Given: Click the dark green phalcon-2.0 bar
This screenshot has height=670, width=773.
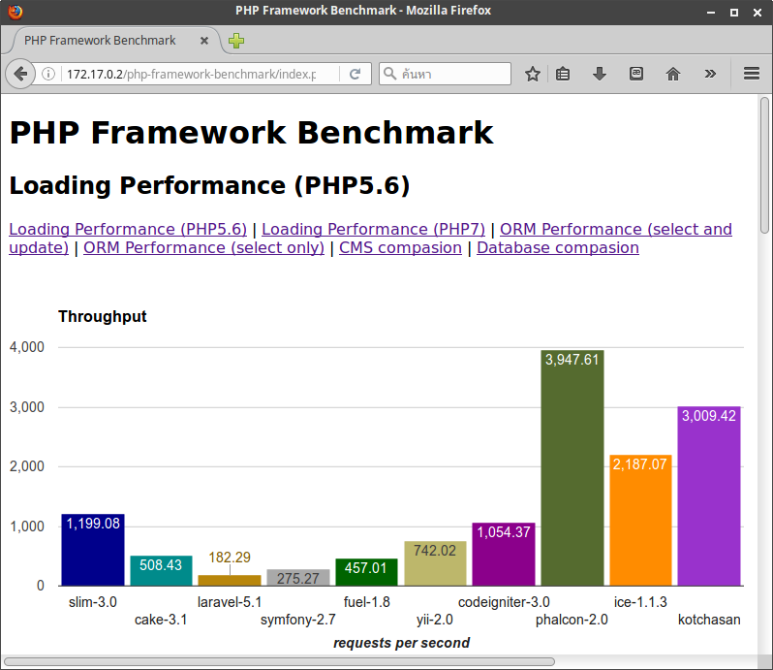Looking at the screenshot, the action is click(x=572, y=467).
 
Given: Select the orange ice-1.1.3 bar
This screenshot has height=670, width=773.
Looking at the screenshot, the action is click(x=640, y=520).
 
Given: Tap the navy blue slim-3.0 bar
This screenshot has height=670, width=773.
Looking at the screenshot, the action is click(x=93, y=550).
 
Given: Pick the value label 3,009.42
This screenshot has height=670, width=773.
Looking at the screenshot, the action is click(x=708, y=416).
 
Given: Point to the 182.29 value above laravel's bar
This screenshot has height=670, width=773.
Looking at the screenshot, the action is click(x=230, y=558).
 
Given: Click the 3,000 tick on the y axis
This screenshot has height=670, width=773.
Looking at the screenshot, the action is click(x=27, y=407).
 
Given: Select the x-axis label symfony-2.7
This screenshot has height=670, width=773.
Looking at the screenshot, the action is click(x=297, y=620).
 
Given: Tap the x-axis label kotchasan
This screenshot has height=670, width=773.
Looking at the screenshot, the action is click(x=709, y=620).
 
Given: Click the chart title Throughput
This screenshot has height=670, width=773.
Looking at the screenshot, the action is click(x=103, y=316).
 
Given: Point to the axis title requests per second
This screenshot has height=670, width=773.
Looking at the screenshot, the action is click(x=401, y=643).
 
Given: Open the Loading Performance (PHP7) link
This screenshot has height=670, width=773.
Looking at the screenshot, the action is click(x=373, y=229).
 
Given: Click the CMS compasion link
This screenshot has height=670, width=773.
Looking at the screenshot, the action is click(x=400, y=247).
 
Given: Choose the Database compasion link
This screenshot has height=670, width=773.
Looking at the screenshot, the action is click(x=558, y=247).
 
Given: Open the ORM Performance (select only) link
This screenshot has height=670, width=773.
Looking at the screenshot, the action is click(x=203, y=247).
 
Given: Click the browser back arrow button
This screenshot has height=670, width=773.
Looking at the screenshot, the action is click(x=20, y=74).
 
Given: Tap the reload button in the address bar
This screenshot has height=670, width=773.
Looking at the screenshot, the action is click(x=355, y=74).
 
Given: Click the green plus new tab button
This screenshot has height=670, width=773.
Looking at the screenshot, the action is click(x=236, y=41).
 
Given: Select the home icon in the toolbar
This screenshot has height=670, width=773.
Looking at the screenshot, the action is click(x=673, y=74).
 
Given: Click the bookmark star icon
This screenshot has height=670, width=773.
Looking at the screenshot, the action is click(x=533, y=74).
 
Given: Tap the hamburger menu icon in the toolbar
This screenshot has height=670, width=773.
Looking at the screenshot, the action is click(x=752, y=74).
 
